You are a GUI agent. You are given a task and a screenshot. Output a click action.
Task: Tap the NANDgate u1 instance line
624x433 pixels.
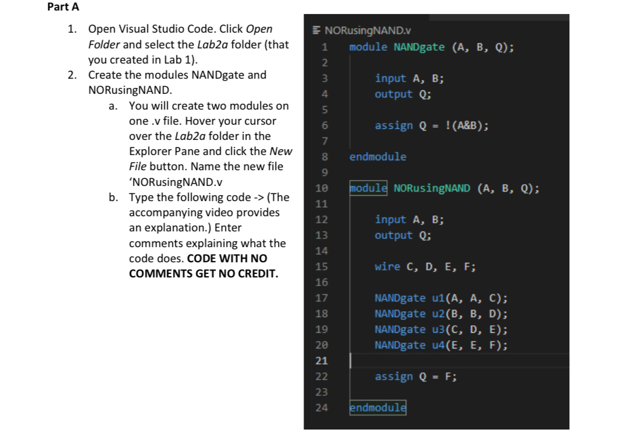(x=440, y=298)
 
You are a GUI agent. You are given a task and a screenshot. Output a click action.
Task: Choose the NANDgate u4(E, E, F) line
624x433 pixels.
(x=440, y=346)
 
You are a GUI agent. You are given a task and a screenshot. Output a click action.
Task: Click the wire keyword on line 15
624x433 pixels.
(x=387, y=267)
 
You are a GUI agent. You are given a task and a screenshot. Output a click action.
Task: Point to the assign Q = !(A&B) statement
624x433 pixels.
(x=432, y=125)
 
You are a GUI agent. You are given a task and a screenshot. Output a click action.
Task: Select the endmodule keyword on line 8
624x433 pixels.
(x=378, y=157)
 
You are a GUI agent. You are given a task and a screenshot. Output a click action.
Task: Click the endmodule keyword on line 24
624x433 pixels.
(x=378, y=408)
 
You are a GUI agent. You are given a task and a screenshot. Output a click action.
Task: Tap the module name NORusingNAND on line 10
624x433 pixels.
(x=432, y=188)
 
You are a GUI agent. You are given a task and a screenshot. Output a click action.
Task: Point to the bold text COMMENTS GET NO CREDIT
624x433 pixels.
(x=203, y=273)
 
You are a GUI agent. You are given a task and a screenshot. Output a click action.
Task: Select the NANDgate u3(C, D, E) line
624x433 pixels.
(x=440, y=330)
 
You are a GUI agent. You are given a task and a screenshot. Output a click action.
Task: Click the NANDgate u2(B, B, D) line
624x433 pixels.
(x=440, y=314)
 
